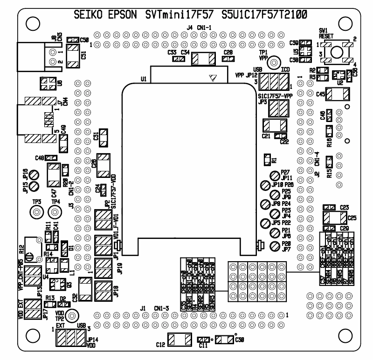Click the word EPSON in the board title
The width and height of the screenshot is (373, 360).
[x=118, y=15]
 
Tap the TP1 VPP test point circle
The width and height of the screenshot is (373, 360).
[x=276, y=63]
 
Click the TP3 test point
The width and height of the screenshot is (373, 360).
[x=36, y=212]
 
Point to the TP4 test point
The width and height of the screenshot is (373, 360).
[x=55, y=212]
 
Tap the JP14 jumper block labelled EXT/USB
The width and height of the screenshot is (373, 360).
[x=70, y=336]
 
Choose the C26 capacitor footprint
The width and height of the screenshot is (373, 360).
[x=104, y=165]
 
